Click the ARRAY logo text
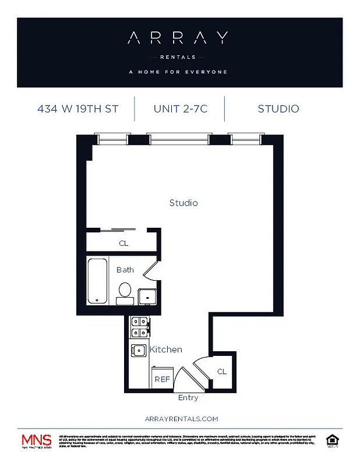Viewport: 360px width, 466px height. pyautogui.click(x=178, y=38)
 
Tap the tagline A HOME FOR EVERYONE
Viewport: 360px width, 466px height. pyautogui.click(x=178, y=72)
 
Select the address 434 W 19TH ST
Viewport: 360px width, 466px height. pyautogui.click(x=77, y=109)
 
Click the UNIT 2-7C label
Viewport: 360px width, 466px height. pyautogui.click(x=179, y=109)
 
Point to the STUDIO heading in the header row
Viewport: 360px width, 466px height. pyautogui.click(x=278, y=109)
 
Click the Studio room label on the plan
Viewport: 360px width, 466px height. pyautogui.click(x=183, y=203)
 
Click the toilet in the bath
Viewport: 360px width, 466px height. pyautogui.click(x=125, y=291)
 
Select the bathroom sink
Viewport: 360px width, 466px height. pyautogui.click(x=147, y=296)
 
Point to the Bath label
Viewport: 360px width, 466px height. pyautogui.click(x=125, y=270)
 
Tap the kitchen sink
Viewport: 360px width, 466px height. pyautogui.click(x=139, y=351)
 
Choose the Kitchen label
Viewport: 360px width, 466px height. pyautogui.click(x=166, y=349)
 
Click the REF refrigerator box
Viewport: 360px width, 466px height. pyautogui.click(x=161, y=379)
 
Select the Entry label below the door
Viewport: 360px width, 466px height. pyautogui.click(x=188, y=398)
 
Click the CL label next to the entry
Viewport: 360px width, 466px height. pyautogui.click(x=222, y=372)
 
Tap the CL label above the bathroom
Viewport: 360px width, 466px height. pyautogui.click(x=123, y=243)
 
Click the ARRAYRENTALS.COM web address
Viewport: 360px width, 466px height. pyautogui.click(x=181, y=419)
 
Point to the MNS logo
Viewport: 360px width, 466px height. pyautogui.click(x=36, y=440)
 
